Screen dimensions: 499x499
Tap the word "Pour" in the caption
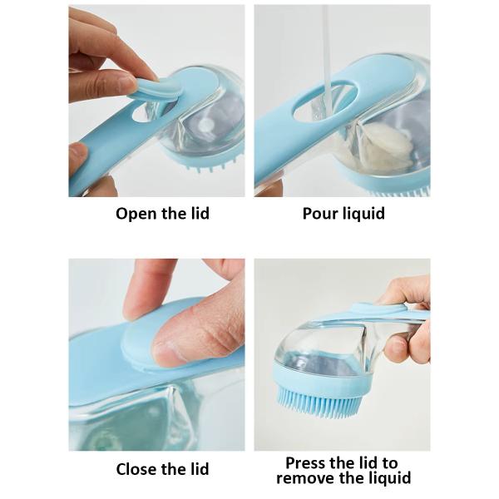click(319, 214)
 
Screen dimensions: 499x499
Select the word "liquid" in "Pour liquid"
click(363, 214)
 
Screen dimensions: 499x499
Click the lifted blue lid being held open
click(156, 91)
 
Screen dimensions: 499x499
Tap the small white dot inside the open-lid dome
click(207, 124)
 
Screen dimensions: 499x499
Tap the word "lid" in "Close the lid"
click(200, 469)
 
